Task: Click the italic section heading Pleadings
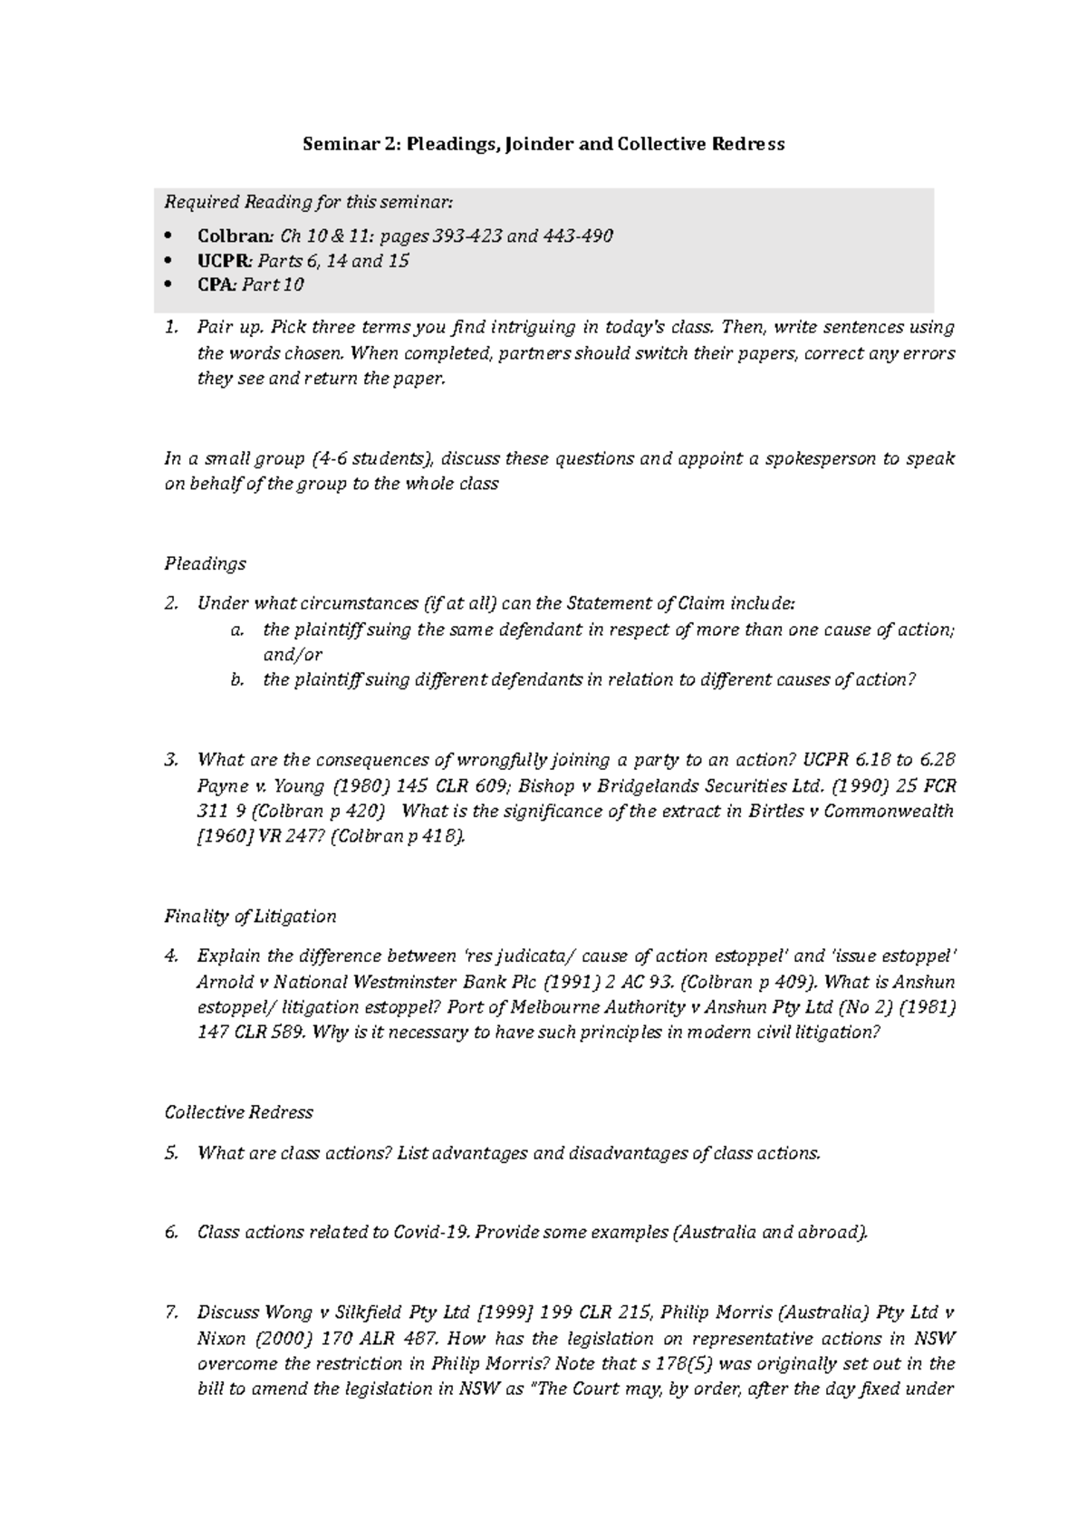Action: tap(205, 563)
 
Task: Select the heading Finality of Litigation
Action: tap(250, 916)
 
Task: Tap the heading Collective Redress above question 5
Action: tap(238, 1111)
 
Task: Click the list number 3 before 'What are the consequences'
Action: tap(170, 759)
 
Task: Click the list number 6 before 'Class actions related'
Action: tap(170, 1232)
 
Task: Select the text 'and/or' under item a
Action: tap(293, 654)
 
